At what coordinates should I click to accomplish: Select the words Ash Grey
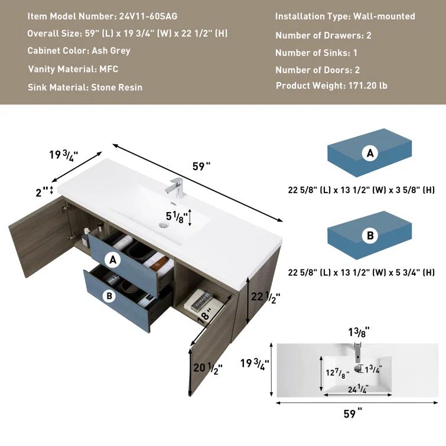click(x=111, y=51)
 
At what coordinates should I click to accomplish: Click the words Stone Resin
click(x=116, y=87)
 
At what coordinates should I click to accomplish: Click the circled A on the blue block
click(x=370, y=154)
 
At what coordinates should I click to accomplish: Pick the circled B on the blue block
click(x=370, y=236)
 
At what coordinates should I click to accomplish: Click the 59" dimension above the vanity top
click(x=201, y=166)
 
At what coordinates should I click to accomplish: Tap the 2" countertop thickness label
click(x=41, y=190)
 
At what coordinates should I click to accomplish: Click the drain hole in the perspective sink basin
click(x=163, y=225)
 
